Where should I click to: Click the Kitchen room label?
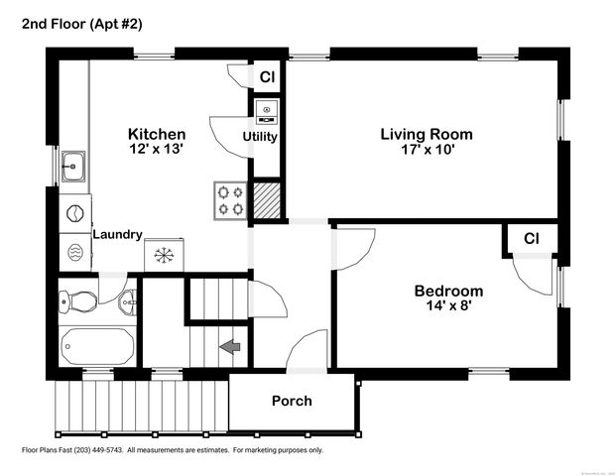tap(157, 134)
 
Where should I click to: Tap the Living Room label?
tap(427, 134)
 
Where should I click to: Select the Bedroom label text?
tap(448, 291)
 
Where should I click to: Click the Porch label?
tap(292, 401)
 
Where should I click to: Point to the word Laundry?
tap(118, 235)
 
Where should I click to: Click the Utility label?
tap(260, 137)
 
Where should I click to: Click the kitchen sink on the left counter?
tap(73, 165)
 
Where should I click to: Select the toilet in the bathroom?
tap(78, 300)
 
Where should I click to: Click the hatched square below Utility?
tap(266, 198)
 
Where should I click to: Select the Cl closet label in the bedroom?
tap(531, 239)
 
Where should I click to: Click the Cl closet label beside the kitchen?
tap(267, 76)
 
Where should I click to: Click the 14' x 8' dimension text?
tap(448, 306)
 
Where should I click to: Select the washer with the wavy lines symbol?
tap(75, 253)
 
